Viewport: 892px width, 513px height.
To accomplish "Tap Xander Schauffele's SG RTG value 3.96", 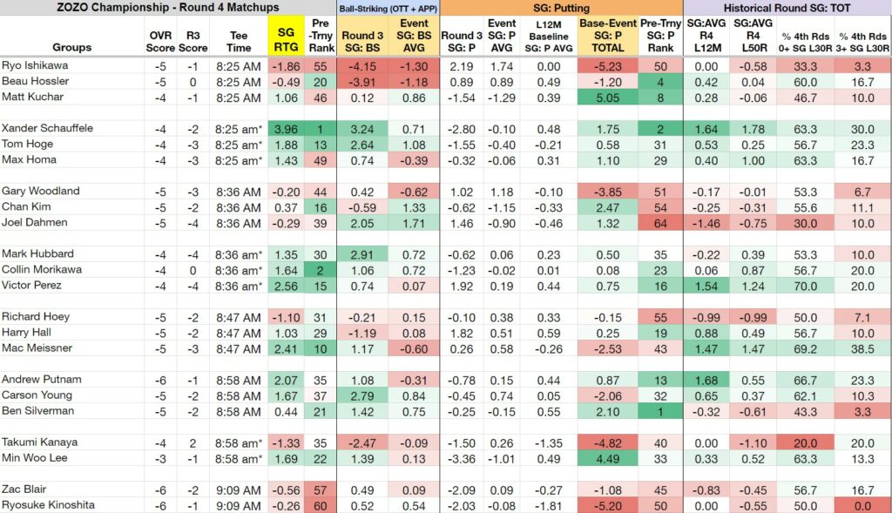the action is coord(286,130).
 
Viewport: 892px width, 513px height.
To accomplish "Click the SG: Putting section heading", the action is coord(561,8).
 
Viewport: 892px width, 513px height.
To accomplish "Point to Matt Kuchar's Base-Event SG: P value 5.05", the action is coord(607,98).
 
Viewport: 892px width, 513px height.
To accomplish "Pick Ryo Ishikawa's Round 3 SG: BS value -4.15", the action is coord(362,66).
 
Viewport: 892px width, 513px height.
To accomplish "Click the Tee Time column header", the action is coord(239,42).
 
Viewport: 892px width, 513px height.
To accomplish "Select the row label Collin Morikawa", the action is coord(42,270).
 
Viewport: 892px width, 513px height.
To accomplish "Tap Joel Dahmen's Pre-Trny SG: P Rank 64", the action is coord(660,224).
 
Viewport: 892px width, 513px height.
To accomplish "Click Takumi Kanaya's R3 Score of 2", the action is coord(193,443).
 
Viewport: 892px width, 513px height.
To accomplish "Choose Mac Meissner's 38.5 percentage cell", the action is coord(862,348).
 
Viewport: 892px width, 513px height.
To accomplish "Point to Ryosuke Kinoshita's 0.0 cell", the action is coord(862,506).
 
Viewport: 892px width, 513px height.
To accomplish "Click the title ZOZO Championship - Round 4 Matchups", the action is coord(168,7).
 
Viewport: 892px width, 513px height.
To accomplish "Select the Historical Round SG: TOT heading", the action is coord(787,8).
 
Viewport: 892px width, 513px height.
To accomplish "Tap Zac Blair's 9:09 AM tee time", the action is coord(239,490).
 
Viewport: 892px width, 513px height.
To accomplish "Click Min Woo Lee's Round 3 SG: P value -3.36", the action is coord(462,459).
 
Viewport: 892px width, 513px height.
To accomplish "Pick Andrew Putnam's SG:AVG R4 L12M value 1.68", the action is coord(706,381).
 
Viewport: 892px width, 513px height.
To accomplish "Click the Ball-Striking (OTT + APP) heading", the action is coord(388,9).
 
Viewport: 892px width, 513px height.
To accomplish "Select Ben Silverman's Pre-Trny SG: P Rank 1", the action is coord(660,412).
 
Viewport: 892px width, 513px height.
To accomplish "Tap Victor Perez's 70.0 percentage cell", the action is coord(805,286).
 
